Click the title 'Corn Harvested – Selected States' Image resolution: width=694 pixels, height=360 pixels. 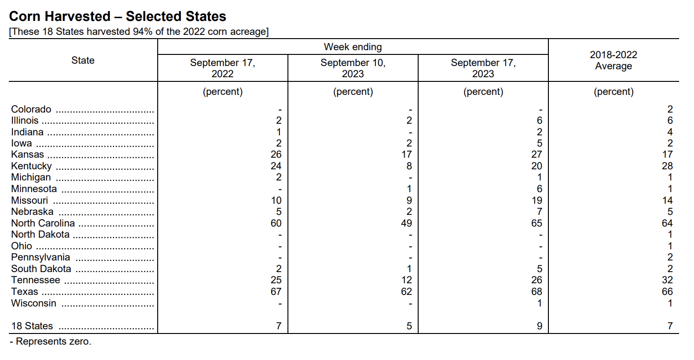(117, 16)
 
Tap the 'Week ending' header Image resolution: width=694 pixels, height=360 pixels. (353, 47)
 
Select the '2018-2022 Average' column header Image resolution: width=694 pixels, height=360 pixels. (614, 60)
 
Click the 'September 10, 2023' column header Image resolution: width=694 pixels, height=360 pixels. (353, 68)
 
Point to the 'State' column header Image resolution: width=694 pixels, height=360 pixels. (83, 60)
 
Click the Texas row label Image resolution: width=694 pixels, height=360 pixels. (25, 292)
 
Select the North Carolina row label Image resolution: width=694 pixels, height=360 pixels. (43, 223)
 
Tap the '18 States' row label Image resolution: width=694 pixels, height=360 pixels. (32, 326)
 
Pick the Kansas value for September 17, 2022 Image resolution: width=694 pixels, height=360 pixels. (276, 154)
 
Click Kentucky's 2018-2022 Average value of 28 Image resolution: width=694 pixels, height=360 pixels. (667, 166)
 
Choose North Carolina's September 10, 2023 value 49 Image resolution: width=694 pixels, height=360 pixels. (407, 223)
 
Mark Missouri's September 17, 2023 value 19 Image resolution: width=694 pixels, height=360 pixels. (537, 200)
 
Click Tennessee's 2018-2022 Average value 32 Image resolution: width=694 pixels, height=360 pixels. (667, 280)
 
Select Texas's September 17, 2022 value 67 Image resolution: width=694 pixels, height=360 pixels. (276, 292)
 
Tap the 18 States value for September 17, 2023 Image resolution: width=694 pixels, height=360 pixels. (540, 326)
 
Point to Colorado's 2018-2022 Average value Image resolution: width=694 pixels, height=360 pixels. (670, 109)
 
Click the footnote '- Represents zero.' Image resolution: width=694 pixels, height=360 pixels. (50, 341)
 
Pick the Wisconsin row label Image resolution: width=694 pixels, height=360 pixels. (34, 303)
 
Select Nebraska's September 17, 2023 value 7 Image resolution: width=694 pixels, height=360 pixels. (540, 212)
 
